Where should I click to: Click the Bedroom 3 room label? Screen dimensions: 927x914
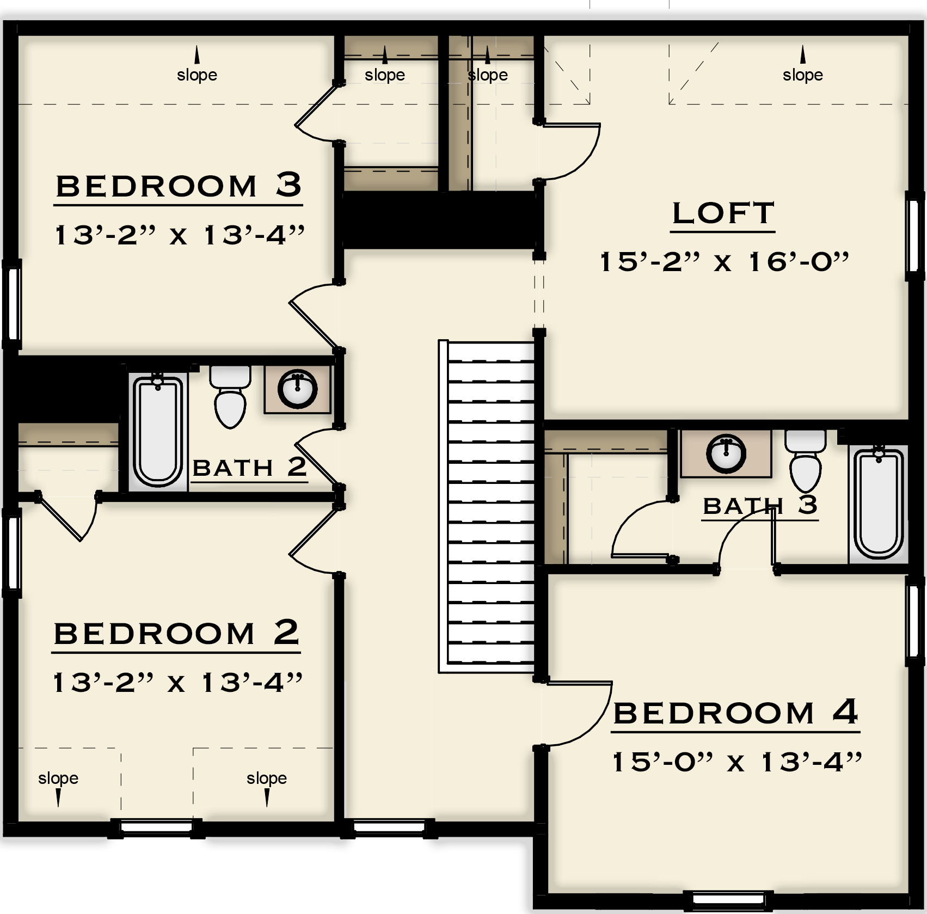(x=179, y=186)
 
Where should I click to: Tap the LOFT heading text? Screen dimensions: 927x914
(x=723, y=213)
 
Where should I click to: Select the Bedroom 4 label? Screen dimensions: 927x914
(x=735, y=713)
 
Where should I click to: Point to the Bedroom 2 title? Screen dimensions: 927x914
(x=176, y=633)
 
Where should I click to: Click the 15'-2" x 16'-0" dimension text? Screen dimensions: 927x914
(x=724, y=262)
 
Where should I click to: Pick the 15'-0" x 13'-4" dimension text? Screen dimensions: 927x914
(x=737, y=762)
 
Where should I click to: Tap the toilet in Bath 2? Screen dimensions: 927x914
(x=230, y=396)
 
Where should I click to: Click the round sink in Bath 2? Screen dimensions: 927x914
(x=297, y=389)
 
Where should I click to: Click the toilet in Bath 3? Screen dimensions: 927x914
(x=805, y=461)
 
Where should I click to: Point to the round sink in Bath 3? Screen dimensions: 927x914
(x=726, y=454)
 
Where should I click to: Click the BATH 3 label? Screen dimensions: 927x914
(x=760, y=506)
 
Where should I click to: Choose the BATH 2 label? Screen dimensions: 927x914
(x=250, y=468)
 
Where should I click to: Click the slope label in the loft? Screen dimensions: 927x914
(x=802, y=75)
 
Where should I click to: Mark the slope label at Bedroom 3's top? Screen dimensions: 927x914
(x=197, y=75)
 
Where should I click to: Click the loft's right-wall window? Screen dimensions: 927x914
(x=914, y=235)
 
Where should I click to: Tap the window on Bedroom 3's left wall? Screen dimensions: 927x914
(x=12, y=304)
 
